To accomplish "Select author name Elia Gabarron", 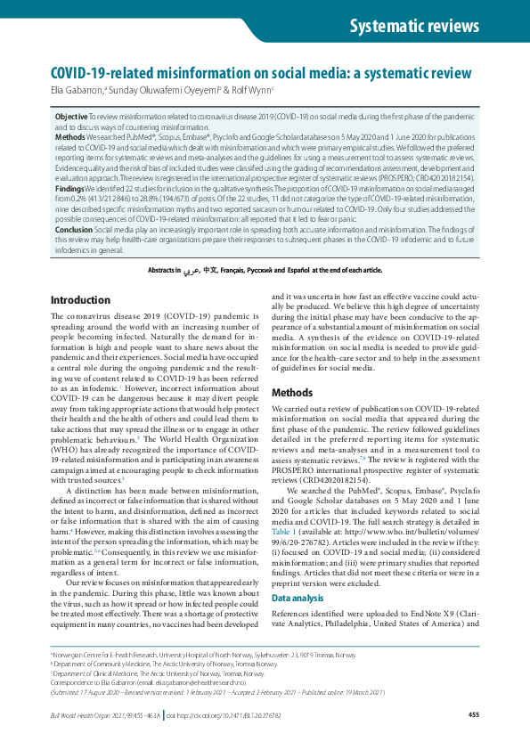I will pos(77,90).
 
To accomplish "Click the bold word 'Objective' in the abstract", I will pos(71,117).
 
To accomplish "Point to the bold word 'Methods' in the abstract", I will pos(69,136).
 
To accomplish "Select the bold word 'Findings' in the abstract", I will pos(70,190).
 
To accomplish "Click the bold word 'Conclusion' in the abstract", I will pos(74,228).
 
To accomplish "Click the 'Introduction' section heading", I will pos(86,300).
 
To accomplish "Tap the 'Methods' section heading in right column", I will pos(292,392).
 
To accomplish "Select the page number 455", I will pos(473,715).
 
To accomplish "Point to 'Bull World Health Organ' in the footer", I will pos(85,715).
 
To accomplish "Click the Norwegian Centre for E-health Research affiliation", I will pos(197,654).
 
